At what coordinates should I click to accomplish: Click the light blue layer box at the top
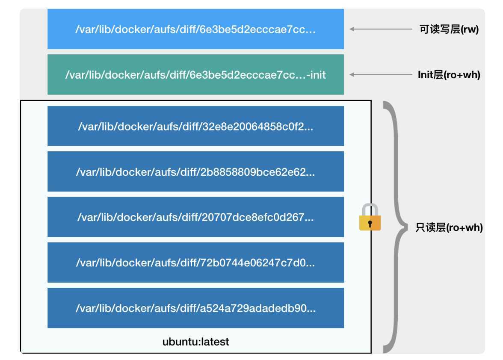195,29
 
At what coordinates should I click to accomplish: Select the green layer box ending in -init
195,75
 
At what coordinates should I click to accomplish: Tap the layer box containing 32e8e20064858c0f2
195,127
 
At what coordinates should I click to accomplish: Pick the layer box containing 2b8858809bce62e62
195,172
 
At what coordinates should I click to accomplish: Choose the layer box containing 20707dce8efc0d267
195,217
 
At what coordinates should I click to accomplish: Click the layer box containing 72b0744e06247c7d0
195,263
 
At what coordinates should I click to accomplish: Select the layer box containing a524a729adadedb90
195,308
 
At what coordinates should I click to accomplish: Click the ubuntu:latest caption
195,342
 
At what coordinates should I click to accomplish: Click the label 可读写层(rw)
449,30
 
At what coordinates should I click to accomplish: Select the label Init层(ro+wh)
449,75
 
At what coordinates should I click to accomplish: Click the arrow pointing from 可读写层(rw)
381,29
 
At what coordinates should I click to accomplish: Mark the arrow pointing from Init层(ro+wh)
381,75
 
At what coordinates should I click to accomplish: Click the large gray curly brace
394,227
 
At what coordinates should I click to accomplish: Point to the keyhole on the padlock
370,223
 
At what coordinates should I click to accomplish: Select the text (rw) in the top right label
470,30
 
